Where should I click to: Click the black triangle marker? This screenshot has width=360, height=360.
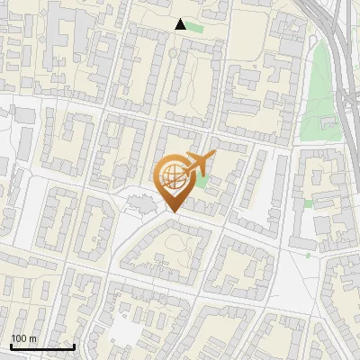click(181, 24)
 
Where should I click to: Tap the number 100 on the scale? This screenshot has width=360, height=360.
click(20, 338)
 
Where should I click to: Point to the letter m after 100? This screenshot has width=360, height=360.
click(33, 338)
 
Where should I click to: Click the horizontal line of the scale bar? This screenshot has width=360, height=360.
click(42, 346)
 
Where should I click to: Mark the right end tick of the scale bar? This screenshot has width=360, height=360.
click(74, 345)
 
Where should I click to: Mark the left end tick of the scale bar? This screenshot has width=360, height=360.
click(11, 345)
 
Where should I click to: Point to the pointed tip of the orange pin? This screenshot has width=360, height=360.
click(172, 212)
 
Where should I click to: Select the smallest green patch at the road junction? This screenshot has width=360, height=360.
click(308, 255)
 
